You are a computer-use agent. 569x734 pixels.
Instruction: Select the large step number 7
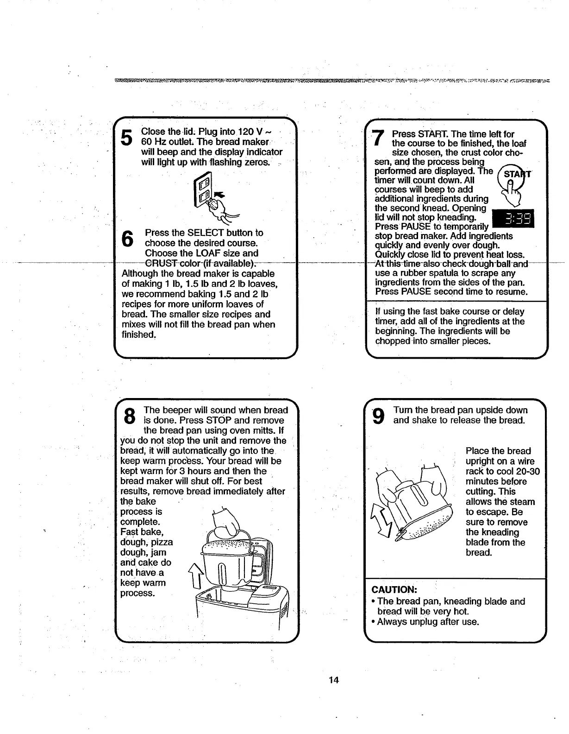pos(378,138)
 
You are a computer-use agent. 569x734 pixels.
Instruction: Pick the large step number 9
pos(378,415)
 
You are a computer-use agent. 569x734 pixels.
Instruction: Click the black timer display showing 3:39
pos(513,220)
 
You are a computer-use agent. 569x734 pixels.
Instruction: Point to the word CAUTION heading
pos(395,590)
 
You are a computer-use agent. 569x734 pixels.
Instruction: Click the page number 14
pos(334,680)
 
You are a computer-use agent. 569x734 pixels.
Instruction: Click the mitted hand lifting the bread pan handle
pos(225,521)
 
